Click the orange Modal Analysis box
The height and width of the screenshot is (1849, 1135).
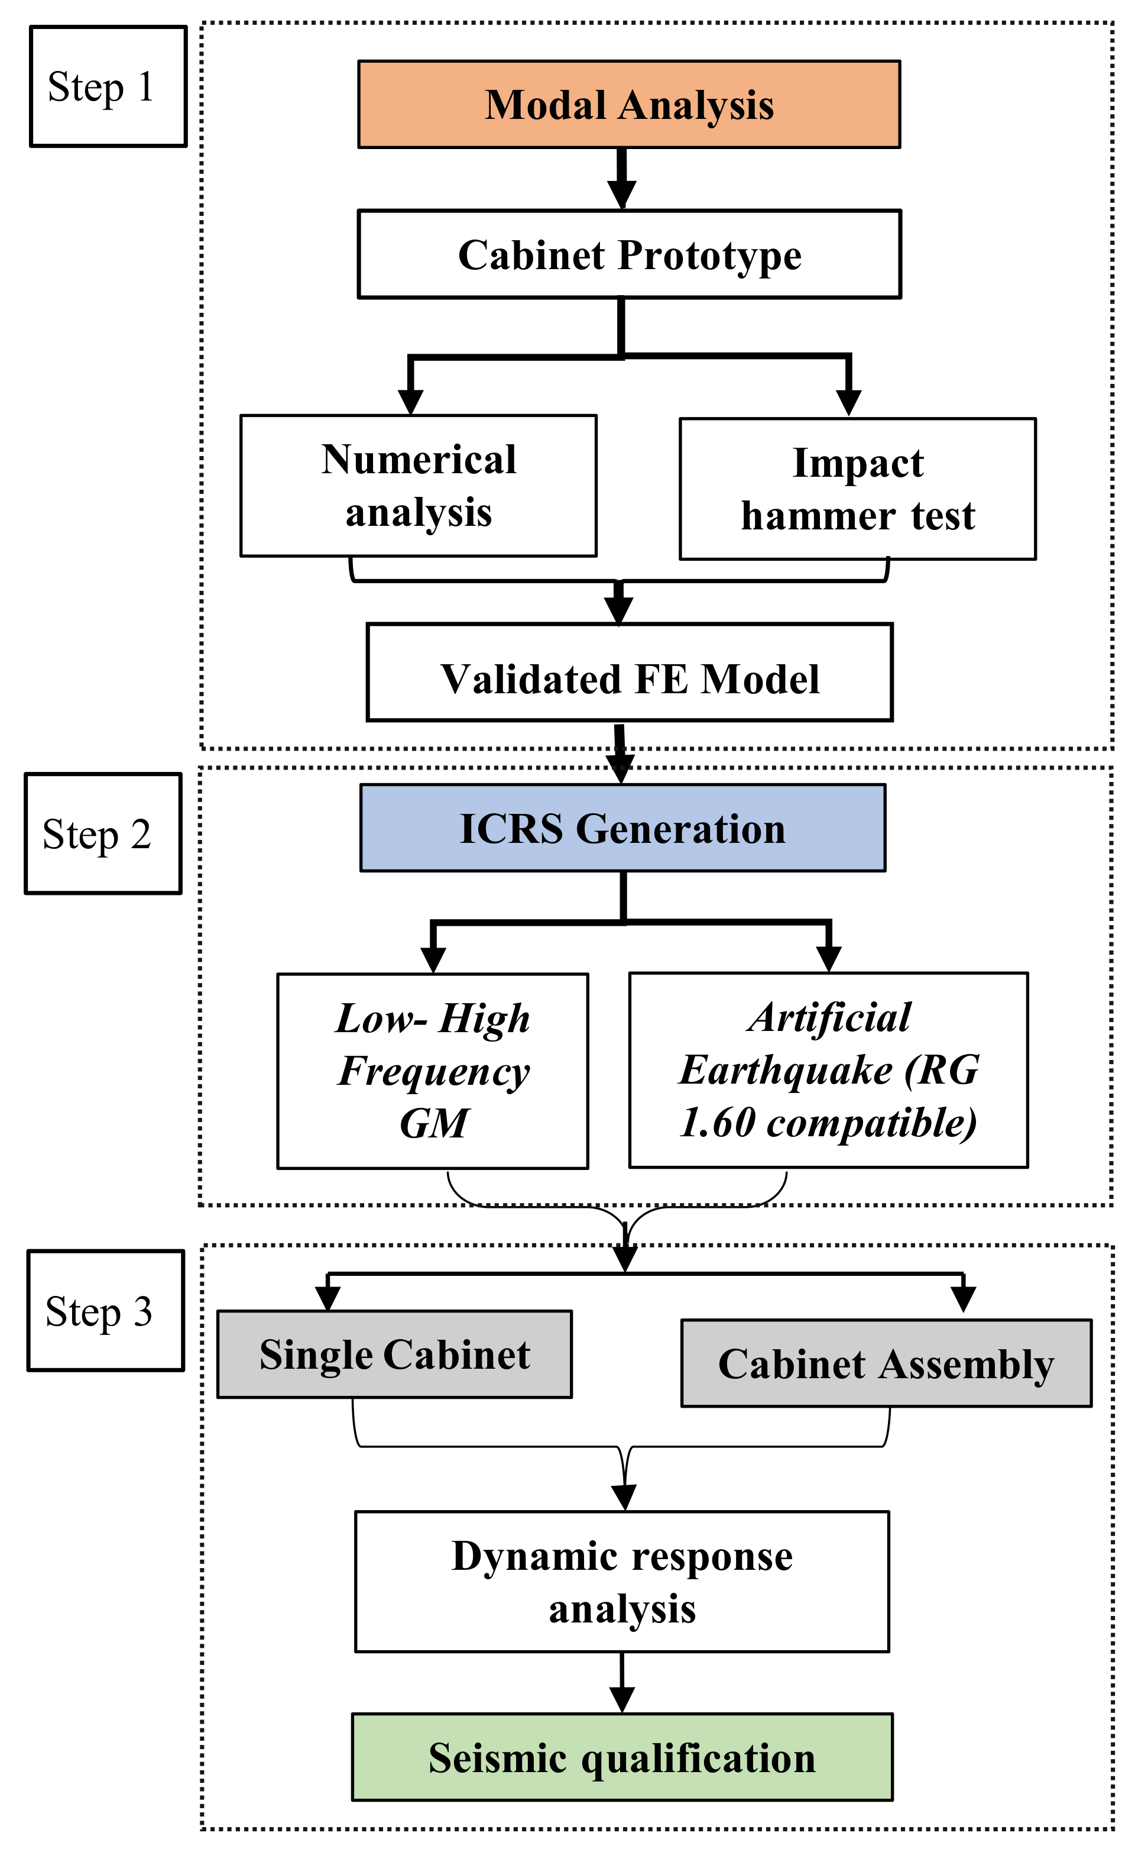(628, 104)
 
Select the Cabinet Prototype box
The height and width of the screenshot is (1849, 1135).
(628, 254)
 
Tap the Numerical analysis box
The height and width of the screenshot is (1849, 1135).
(418, 486)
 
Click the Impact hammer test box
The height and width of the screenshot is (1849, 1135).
(857, 489)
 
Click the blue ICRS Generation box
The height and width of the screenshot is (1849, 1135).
(622, 828)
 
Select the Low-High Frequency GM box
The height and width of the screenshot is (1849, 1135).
(432, 1071)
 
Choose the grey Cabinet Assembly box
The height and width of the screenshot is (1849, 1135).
(886, 1364)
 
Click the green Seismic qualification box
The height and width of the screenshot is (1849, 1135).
(621, 1758)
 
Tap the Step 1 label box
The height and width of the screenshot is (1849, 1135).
(108, 86)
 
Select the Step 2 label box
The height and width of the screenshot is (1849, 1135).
(103, 833)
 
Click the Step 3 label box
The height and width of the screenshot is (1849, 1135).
(105, 1311)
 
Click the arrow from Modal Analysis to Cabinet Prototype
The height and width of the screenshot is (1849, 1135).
(621, 179)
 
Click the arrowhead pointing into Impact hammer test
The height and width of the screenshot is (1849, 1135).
(848, 403)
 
